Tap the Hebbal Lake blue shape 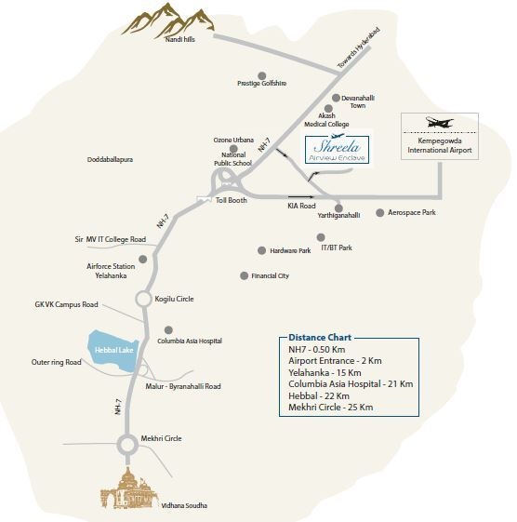[114, 350]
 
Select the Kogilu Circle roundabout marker [143, 299]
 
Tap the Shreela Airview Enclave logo [338, 149]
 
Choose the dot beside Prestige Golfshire [262, 74]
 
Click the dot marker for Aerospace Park [379, 212]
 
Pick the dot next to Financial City [244, 275]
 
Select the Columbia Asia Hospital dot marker [168, 329]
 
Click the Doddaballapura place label [110, 160]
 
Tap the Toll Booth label [232, 200]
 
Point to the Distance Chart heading [316, 338]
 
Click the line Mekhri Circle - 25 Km [330, 408]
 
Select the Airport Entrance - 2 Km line [334, 360]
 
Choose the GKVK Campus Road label [66, 304]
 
